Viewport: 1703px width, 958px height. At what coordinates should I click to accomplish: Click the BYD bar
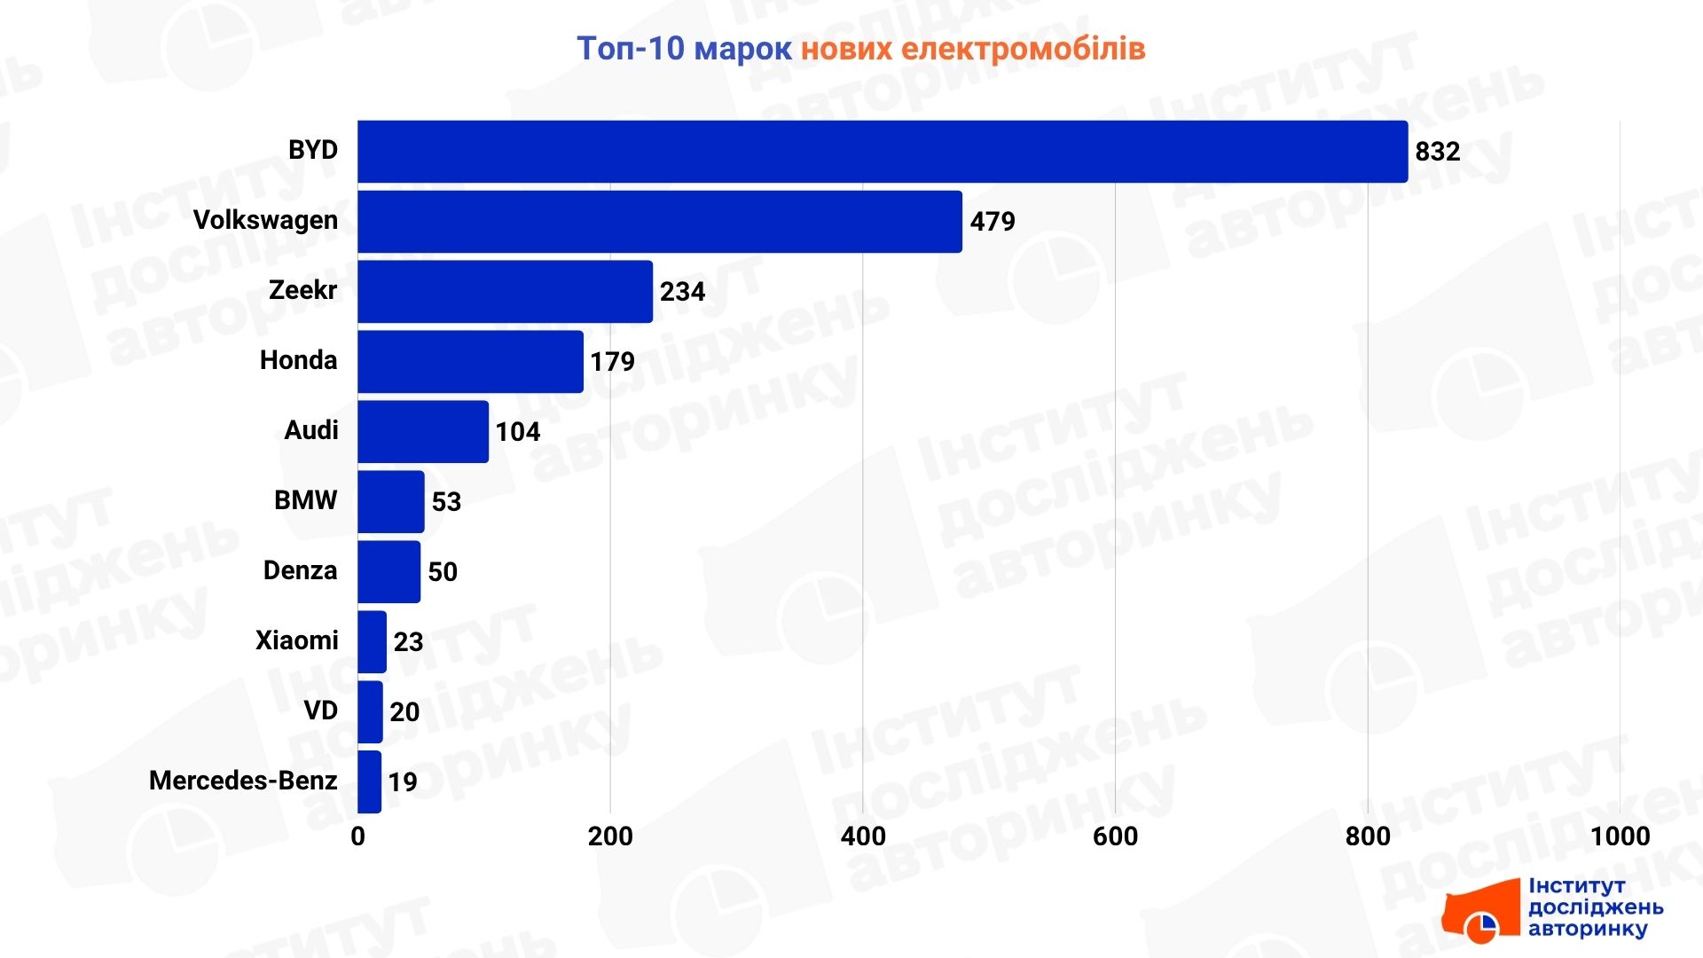click(x=883, y=152)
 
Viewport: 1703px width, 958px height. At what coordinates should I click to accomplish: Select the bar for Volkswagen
click(x=660, y=222)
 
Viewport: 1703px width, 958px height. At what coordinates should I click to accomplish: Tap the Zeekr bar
click(x=506, y=292)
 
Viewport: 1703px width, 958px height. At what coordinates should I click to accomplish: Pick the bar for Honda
click(x=471, y=362)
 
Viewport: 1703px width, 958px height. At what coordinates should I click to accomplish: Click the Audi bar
click(x=423, y=432)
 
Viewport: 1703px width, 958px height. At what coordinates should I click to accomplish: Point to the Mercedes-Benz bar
click(x=370, y=781)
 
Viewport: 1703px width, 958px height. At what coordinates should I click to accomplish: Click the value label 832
click(x=1437, y=152)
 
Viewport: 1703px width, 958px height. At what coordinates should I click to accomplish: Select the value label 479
click(x=992, y=222)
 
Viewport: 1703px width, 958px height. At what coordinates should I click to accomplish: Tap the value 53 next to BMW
click(x=446, y=502)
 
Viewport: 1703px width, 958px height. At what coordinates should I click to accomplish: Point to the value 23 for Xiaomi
click(x=408, y=642)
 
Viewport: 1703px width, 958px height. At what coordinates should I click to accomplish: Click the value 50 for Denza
click(x=443, y=572)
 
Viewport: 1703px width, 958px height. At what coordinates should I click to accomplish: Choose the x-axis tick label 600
click(x=1115, y=836)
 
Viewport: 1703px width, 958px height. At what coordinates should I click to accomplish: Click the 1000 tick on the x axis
click(x=1620, y=836)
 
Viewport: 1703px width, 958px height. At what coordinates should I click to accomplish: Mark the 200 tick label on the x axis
click(x=610, y=836)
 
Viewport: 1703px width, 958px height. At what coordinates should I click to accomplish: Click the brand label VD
click(x=320, y=711)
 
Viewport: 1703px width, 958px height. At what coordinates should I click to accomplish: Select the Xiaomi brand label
click(x=296, y=640)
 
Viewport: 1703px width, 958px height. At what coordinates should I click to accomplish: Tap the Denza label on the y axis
click(x=300, y=570)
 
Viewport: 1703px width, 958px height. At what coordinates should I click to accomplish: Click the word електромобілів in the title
click(x=1023, y=49)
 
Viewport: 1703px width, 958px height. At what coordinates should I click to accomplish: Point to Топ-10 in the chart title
click(x=631, y=49)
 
